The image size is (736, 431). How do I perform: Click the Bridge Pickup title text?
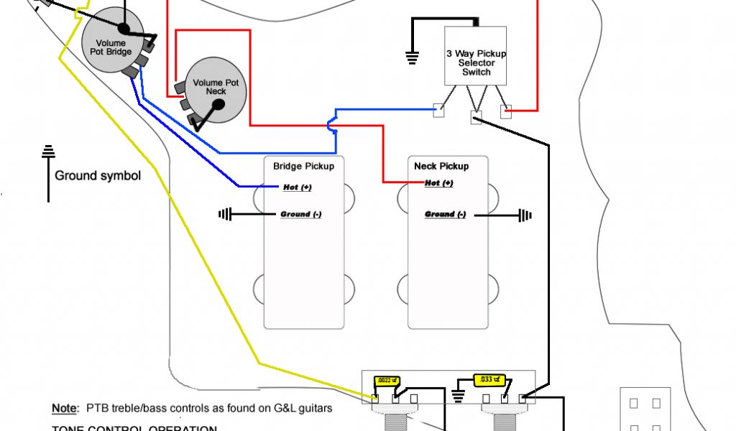click(x=303, y=166)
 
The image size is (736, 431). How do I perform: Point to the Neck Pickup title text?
click(x=441, y=166)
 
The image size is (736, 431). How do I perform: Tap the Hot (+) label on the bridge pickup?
click(x=296, y=187)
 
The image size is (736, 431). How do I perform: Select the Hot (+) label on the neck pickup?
click(x=438, y=183)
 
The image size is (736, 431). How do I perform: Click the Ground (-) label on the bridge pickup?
click(x=300, y=214)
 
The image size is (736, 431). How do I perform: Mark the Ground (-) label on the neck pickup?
click(x=445, y=214)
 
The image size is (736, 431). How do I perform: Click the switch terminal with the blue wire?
click(x=438, y=111)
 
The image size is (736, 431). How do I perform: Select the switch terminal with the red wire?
click(x=505, y=111)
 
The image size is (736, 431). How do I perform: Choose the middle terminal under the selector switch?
click(x=476, y=118)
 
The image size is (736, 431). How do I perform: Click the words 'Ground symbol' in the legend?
click(x=98, y=176)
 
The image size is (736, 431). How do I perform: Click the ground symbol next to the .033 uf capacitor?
click(x=459, y=395)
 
